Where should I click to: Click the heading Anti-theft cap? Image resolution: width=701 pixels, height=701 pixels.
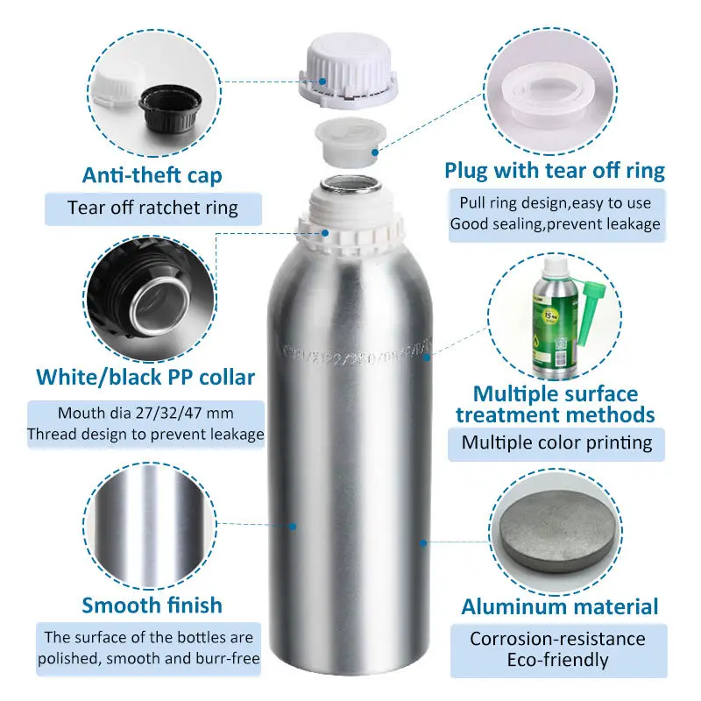click(x=152, y=174)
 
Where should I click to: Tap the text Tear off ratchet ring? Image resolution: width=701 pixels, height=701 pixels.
click(x=152, y=209)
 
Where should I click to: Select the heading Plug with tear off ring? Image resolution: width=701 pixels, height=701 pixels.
click(x=555, y=170)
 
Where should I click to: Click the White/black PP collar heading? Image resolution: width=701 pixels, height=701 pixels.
click(x=145, y=378)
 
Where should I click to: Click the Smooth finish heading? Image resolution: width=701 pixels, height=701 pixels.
click(x=152, y=605)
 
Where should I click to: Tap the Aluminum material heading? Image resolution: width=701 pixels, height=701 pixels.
click(x=560, y=606)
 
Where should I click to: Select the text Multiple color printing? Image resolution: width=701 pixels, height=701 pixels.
click(x=557, y=443)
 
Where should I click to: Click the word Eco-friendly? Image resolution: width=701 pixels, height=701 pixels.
click(x=557, y=660)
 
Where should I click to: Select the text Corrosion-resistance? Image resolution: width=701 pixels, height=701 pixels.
click(x=557, y=639)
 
